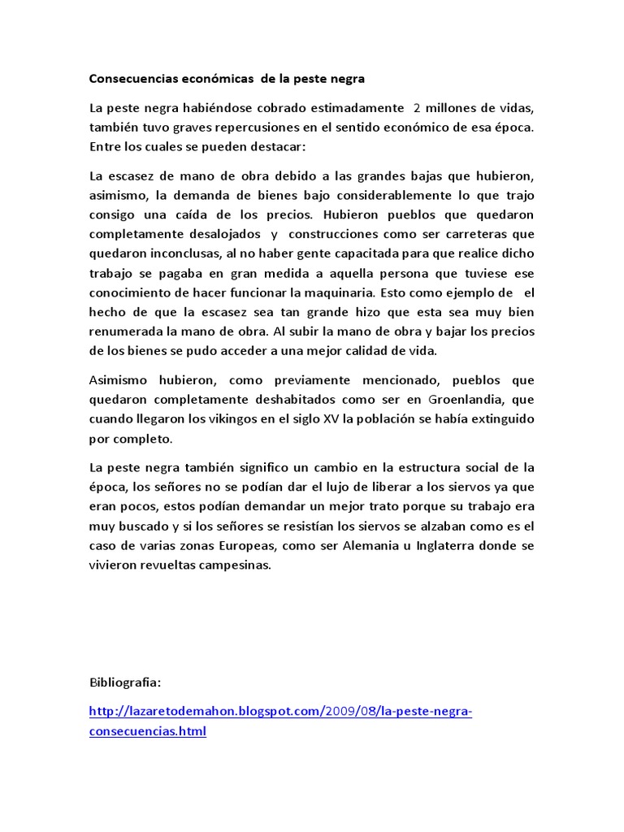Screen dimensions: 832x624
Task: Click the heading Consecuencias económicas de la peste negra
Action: (227, 79)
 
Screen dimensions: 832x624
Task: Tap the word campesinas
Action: (232, 565)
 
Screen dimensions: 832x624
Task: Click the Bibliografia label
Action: (125, 681)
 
